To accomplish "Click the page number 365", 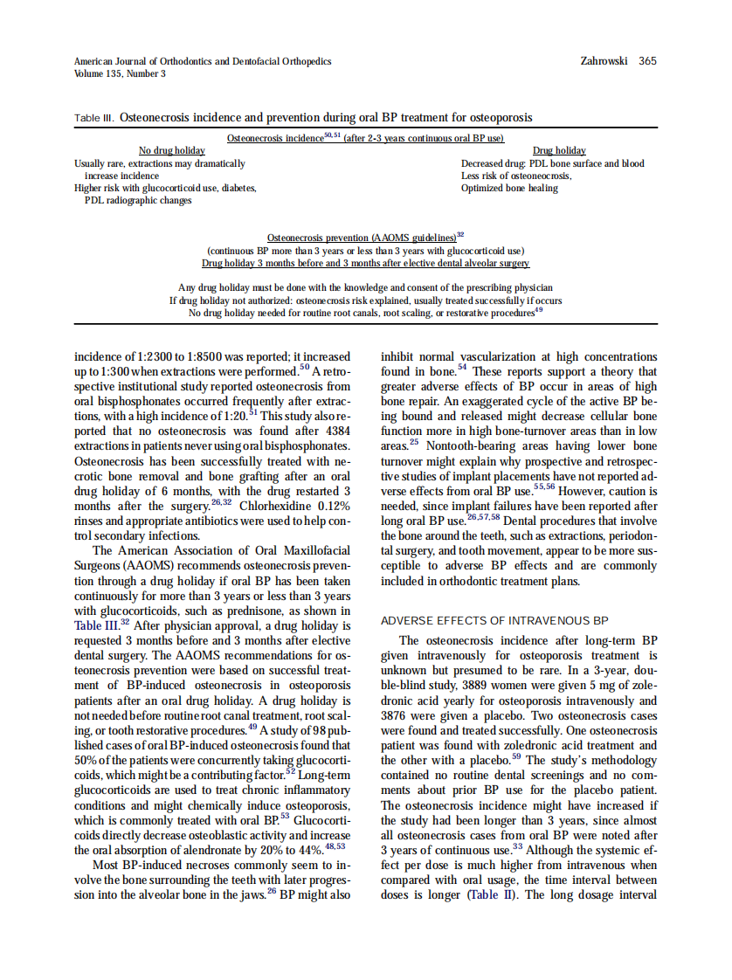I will tap(647, 61).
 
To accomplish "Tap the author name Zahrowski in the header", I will tap(604, 61).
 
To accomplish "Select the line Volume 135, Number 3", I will tap(120, 73).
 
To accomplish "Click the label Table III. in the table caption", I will tap(94, 117).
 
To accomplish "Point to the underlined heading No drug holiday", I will tap(172, 151).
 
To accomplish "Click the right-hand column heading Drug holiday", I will tap(559, 151).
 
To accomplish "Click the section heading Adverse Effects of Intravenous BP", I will tap(494, 621).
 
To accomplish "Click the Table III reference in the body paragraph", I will tap(96, 625).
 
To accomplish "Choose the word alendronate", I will tap(228, 849).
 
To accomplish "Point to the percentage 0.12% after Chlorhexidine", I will tap(333, 506).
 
